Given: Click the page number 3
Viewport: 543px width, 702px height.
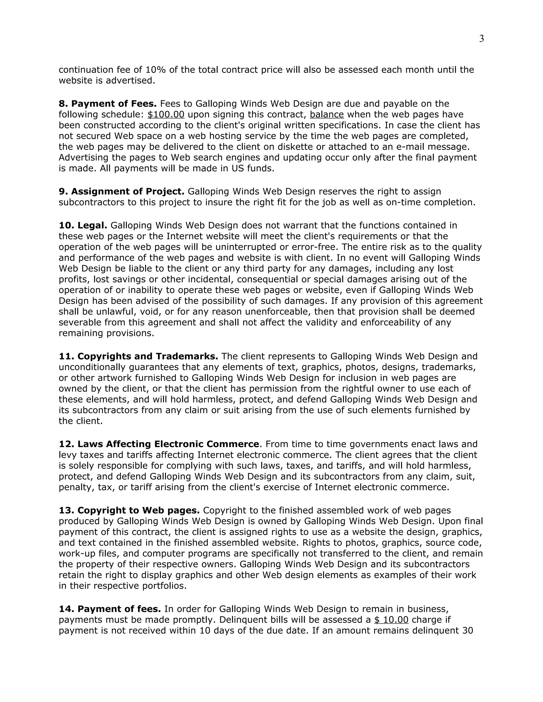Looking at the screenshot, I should [x=481, y=39].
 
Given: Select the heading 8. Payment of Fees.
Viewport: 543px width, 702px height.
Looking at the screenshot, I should [x=107, y=104].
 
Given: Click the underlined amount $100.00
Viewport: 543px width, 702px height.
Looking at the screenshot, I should [x=166, y=115].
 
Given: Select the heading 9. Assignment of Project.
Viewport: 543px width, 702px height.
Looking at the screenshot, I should [x=121, y=192].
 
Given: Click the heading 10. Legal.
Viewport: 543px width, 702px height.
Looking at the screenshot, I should [x=83, y=225].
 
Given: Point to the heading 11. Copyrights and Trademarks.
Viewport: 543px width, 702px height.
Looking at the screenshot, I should [x=138, y=357].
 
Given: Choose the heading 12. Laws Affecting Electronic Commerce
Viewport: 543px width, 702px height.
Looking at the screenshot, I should [x=159, y=444].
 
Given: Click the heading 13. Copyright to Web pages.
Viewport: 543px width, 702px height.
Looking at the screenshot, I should [x=129, y=510].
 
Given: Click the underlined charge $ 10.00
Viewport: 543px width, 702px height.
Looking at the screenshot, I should [x=391, y=620].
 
